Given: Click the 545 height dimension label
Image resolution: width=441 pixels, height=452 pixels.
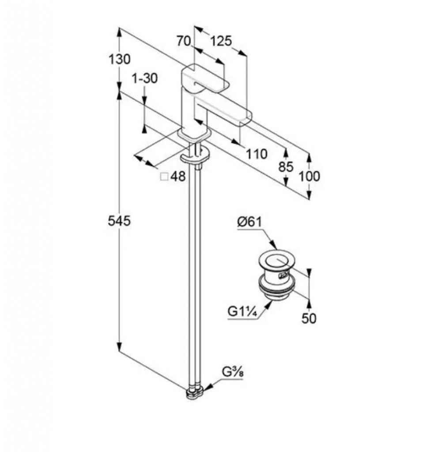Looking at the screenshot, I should tap(120, 221).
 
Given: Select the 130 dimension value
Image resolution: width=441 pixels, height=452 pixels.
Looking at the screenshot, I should tap(120, 59).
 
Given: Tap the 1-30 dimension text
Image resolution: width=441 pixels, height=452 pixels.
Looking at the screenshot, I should tap(144, 79).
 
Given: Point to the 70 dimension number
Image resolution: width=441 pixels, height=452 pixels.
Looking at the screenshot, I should tap(183, 41).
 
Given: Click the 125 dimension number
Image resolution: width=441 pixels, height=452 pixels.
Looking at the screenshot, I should tap(220, 41).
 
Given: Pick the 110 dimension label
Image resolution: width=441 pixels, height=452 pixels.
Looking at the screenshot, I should tap(256, 154).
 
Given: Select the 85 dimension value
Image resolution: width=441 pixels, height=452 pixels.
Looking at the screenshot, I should tap(286, 167).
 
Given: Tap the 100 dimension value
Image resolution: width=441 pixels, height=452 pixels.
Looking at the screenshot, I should tap(309, 176).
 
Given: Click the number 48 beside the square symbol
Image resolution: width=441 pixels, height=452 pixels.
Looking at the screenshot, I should tap(178, 177).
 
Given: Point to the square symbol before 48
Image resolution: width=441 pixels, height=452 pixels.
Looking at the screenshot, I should tap(164, 177).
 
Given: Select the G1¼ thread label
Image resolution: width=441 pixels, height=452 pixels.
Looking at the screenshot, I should tap(242, 312).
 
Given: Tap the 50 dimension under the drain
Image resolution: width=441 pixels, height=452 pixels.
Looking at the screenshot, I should tap(309, 318).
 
